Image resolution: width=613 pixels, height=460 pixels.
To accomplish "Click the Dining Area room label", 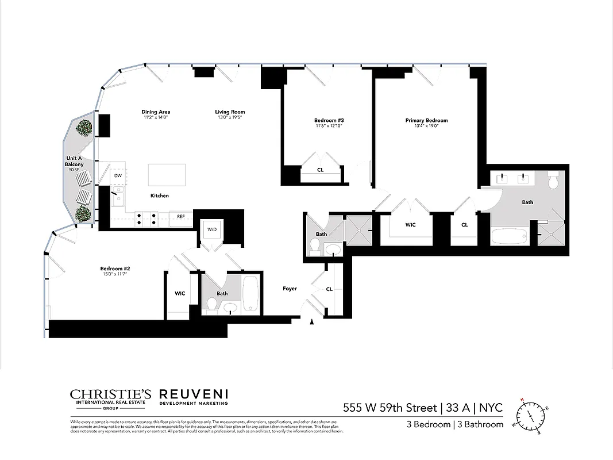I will click(156, 112).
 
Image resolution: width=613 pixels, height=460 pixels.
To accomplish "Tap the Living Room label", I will click(230, 112).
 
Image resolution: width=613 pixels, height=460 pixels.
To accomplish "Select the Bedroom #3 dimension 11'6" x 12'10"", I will click(329, 125).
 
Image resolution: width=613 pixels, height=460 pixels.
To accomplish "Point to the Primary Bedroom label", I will click(426, 121).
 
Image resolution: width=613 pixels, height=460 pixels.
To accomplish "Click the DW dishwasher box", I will click(118, 176).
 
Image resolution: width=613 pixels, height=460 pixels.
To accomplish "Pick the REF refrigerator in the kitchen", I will click(180, 217).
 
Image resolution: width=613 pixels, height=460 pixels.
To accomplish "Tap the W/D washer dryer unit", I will click(213, 230).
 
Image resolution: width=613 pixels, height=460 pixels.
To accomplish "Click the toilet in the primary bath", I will click(554, 182).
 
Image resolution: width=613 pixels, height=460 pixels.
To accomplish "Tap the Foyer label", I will click(290, 289).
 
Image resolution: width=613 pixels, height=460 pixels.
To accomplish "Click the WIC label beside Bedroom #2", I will click(180, 293).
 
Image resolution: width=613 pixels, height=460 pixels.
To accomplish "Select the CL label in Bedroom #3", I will click(320, 170).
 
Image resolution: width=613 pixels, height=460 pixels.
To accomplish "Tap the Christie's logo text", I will click(110, 394).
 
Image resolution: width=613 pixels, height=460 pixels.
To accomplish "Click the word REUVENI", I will click(193, 394).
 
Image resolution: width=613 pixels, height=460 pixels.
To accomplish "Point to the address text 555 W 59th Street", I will click(390, 408).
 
